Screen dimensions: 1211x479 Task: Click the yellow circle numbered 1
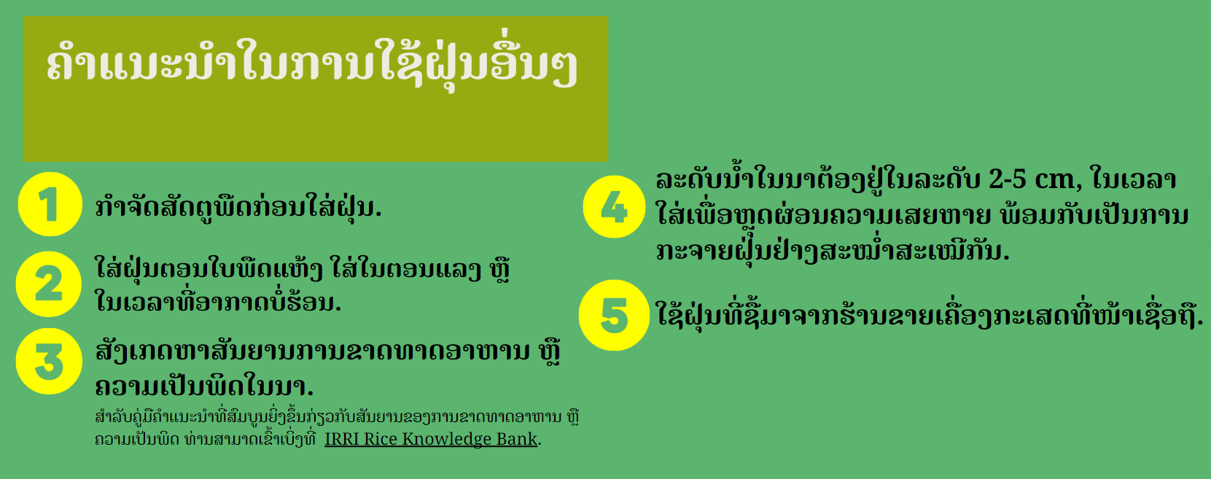[50, 204]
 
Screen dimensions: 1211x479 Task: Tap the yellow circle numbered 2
[49, 284]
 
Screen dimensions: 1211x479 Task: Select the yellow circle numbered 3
[49, 361]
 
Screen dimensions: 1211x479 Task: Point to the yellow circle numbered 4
[614, 206]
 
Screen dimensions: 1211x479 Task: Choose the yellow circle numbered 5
[614, 315]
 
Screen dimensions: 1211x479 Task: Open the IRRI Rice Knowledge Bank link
[431, 439]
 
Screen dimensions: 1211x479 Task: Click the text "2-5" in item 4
[1007, 179]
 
